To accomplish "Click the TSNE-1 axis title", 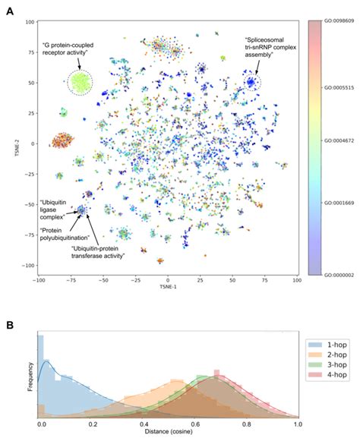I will (168, 290).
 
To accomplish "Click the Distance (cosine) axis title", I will (169, 433).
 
